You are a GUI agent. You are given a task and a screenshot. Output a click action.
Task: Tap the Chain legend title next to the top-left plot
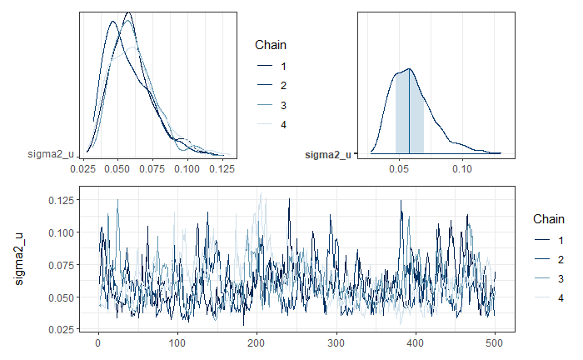[x=270, y=46]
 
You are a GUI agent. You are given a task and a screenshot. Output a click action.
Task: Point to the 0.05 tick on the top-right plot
[x=401, y=167]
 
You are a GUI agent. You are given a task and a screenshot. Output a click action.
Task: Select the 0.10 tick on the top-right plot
[x=462, y=167]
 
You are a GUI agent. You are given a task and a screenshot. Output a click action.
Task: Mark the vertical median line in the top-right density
[x=410, y=112]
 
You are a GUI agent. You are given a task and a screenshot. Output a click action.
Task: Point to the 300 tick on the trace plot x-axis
[x=336, y=343]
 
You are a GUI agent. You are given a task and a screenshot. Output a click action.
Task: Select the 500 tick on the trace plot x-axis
[x=495, y=343]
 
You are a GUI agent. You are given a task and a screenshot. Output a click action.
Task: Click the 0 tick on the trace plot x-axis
[x=99, y=343]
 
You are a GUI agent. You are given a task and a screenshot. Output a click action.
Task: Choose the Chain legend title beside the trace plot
[x=548, y=217]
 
